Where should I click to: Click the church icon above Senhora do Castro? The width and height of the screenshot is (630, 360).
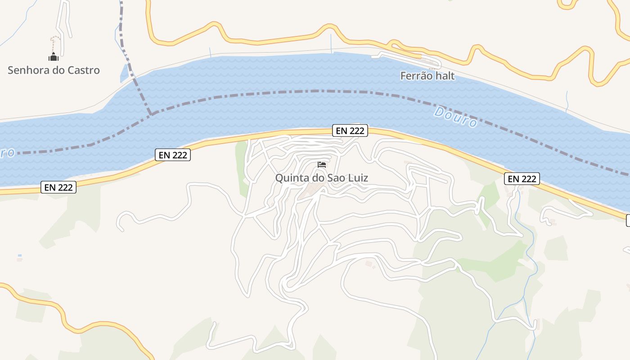click(x=54, y=57)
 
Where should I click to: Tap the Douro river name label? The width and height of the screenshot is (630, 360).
click(x=455, y=117)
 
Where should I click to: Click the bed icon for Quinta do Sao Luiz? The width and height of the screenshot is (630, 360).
click(x=322, y=165)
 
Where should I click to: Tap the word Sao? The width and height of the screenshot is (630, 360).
click(x=336, y=178)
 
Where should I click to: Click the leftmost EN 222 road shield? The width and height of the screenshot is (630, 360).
click(x=58, y=187)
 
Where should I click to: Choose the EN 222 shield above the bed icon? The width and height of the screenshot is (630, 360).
click(x=350, y=131)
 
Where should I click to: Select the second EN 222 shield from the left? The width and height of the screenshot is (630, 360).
click(x=173, y=155)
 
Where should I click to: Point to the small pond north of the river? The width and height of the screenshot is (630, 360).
click(x=124, y=73)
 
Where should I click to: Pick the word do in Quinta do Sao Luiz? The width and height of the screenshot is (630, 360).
click(x=318, y=178)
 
